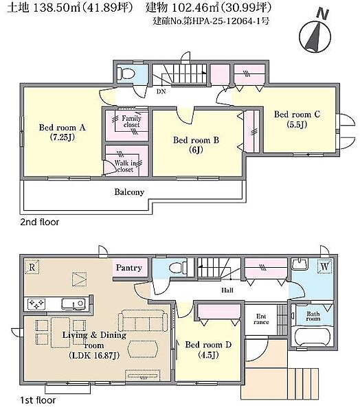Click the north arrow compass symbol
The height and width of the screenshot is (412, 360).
[x=315, y=36]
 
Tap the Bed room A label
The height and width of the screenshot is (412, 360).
[x=63, y=132]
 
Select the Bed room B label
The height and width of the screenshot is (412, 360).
[x=196, y=144]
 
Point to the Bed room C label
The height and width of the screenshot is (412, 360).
[x=297, y=119]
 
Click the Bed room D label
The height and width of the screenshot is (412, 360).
[x=208, y=350]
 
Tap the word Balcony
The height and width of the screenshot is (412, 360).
[x=129, y=192]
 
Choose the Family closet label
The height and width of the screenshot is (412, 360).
[x=131, y=122]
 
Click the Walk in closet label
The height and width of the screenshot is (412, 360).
[x=125, y=166]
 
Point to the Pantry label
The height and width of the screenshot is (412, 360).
[x=129, y=268]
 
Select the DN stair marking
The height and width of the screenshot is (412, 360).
[x=161, y=91]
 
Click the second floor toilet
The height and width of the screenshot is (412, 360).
[x=126, y=73]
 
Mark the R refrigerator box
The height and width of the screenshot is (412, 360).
[x=32, y=267]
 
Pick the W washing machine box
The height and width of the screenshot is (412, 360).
[x=325, y=266]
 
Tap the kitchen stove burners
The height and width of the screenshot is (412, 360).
[x=36, y=304]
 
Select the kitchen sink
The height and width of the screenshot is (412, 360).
[x=74, y=304]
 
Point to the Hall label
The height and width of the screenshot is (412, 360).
[x=227, y=290]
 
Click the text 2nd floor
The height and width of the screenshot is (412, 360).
[x=40, y=222]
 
